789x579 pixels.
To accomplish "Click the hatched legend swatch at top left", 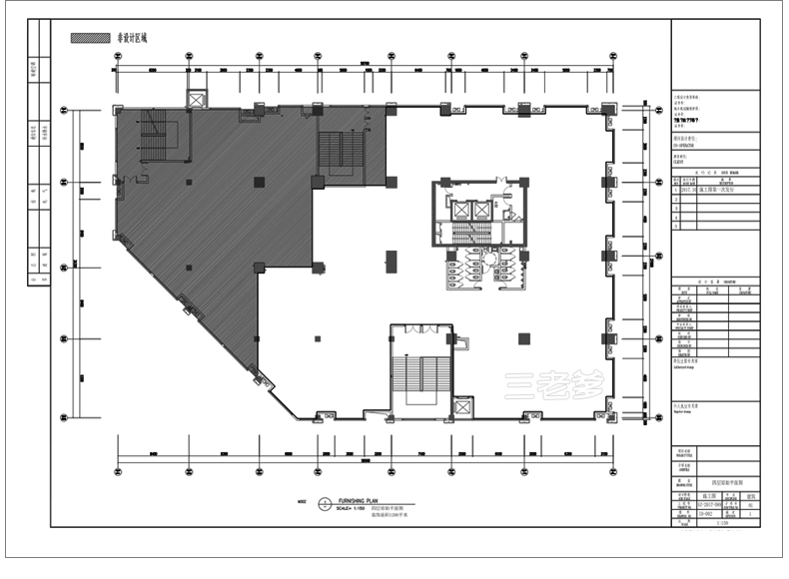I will [x=90, y=38].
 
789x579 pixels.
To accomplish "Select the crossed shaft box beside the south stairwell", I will [x=462, y=407].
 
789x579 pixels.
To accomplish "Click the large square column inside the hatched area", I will [x=259, y=182].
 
